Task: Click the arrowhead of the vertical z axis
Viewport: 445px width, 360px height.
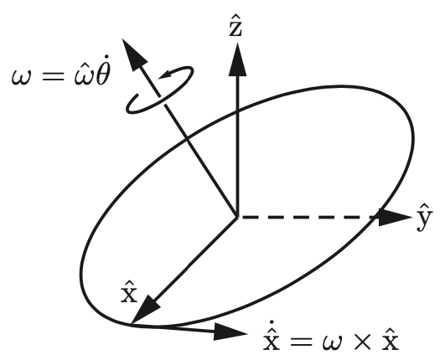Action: (237, 59)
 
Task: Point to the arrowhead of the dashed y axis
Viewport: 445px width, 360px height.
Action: (395, 218)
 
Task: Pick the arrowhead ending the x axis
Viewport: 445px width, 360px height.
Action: (145, 310)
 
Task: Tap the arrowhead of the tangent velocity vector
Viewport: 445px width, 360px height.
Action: (230, 332)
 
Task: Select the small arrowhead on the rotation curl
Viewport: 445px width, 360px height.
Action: (166, 75)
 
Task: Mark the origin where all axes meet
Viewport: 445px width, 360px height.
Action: (237, 217)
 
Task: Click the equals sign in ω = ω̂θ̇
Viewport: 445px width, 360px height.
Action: (53, 76)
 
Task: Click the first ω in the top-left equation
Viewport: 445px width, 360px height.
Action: (21, 77)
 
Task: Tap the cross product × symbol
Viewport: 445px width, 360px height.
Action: (362, 342)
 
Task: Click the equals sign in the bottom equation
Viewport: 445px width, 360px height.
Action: (301, 342)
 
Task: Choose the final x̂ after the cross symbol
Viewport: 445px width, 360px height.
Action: (391, 339)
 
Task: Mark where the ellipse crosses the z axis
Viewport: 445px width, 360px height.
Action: (237, 112)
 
